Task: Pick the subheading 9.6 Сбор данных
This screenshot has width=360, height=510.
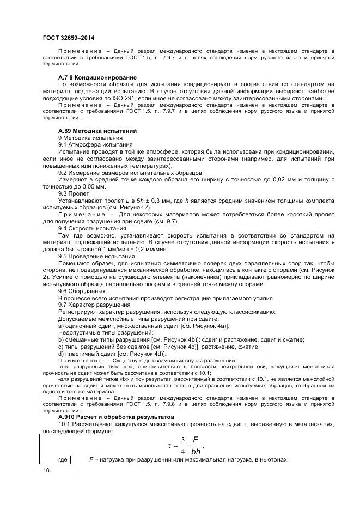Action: click(82, 292)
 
